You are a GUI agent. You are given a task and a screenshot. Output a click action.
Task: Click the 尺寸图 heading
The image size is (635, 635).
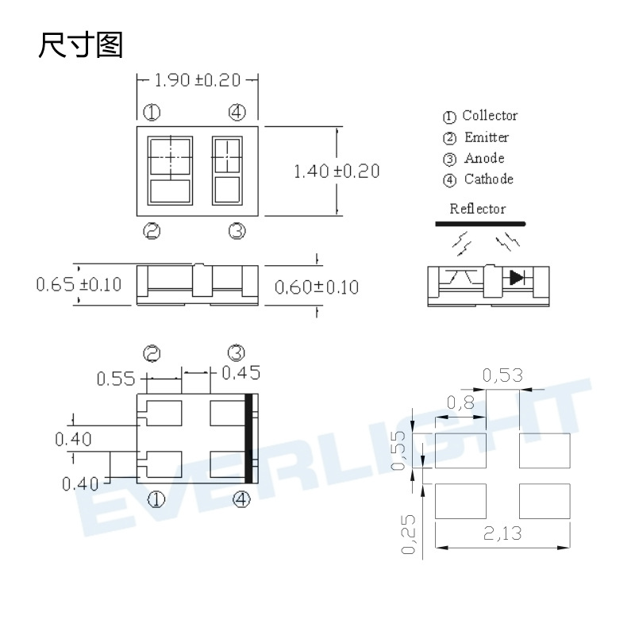(x=81, y=44)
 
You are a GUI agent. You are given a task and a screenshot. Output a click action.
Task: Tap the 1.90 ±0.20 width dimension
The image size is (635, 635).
(x=198, y=80)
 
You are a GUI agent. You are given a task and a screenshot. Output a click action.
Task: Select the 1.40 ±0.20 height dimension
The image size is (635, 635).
(x=337, y=171)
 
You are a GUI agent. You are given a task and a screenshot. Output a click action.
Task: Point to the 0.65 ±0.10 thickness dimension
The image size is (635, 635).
(x=79, y=284)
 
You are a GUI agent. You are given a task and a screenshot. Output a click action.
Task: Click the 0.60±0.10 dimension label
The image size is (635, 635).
(x=317, y=287)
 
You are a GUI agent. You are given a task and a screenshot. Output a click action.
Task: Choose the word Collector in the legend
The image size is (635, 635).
(x=490, y=115)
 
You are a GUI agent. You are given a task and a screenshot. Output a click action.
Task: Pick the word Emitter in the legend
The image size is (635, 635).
(x=487, y=137)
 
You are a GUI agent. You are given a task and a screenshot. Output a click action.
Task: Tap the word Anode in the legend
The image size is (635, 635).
(x=484, y=158)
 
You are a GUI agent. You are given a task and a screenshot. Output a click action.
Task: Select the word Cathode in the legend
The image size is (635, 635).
(x=489, y=179)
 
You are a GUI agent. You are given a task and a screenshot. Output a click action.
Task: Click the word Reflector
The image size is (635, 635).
(x=478, y=209)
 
